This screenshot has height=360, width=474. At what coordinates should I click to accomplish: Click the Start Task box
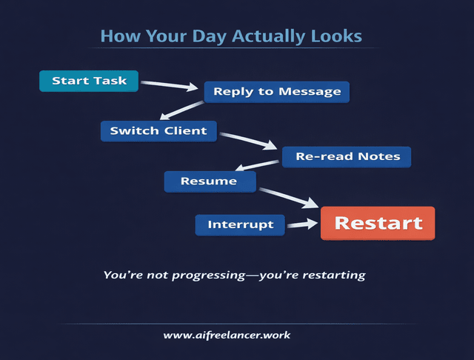click(x=89, y=81)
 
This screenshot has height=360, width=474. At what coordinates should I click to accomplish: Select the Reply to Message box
click(x=276, y=92)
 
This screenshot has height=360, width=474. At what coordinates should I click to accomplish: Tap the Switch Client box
click(x=158, y=131)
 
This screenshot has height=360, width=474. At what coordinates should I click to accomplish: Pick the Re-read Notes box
click(x=347, y=156)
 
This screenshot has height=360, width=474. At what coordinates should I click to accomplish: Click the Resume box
click(x=210, y=181)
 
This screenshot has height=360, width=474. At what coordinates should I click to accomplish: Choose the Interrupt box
click(x=240, y=224)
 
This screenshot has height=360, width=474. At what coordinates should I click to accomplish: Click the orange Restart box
click(x=378, y=223)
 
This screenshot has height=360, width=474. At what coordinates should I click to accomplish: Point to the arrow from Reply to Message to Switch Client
click(x=182, y=110)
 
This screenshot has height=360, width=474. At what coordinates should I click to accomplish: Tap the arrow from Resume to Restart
click(x=288, y=195)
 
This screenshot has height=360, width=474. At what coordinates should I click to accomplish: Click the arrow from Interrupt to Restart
click(x=302, y=224)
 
